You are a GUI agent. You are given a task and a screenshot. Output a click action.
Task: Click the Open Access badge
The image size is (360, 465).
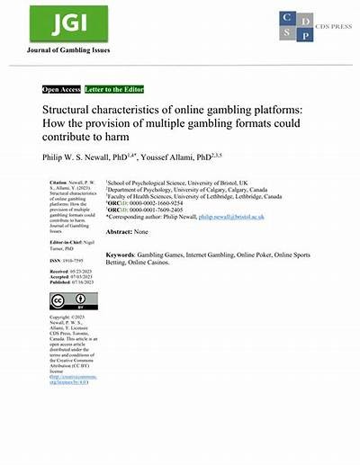pos(61,90)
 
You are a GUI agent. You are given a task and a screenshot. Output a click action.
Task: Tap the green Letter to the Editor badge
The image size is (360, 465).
pos(112,90)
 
